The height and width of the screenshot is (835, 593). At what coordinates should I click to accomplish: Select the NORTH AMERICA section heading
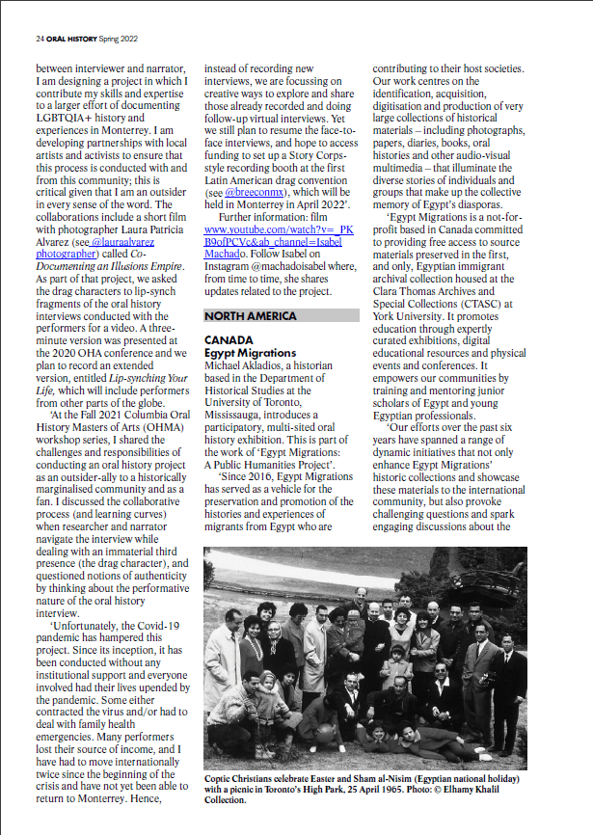tap(250, 316)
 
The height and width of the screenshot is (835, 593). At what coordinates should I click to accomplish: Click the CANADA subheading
tap(228, 341)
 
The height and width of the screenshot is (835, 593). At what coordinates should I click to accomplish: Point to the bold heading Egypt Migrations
tap(251, 354)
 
